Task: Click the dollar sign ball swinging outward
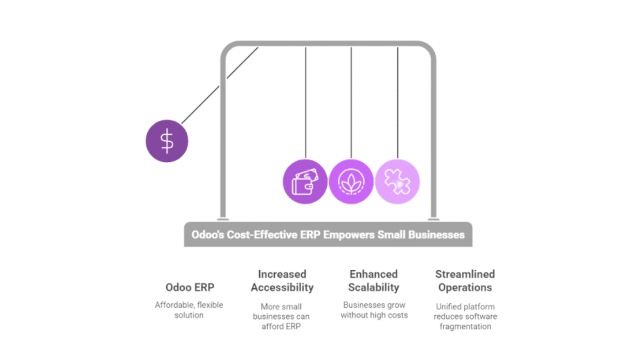167,140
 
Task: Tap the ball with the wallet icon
305,181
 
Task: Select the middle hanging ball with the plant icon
351,181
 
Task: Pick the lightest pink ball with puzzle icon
397,181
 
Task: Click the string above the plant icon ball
351,100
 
